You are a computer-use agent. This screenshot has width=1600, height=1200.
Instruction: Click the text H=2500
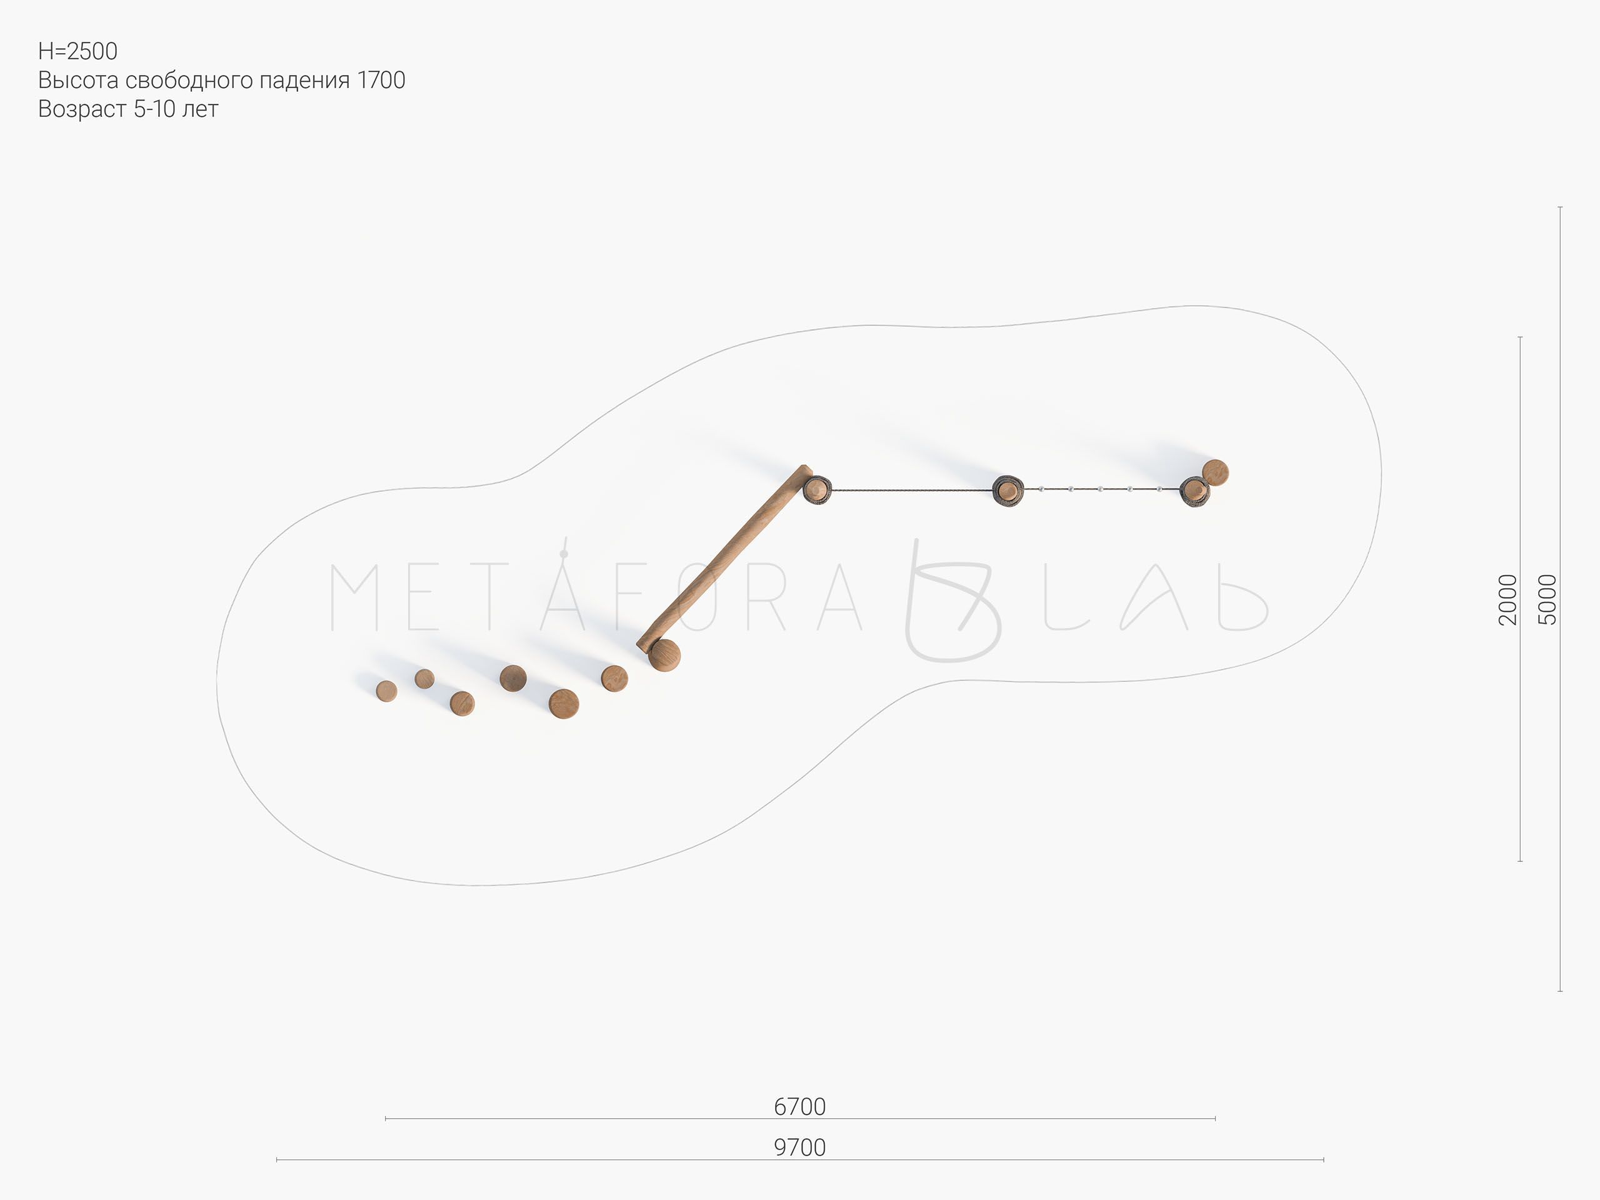pyautogui.click(x=77, y=51)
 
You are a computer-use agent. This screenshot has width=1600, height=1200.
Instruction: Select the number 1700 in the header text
pyautogui.click(x=381, y=80)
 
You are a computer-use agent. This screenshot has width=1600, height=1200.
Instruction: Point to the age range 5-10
pyautogui.click(x=155, y=109)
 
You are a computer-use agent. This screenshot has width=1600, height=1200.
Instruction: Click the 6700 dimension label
pyautogui.click(x=799, y=1107)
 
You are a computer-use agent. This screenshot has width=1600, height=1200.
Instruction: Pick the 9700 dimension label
pyautogui.click(x=799, y=1147)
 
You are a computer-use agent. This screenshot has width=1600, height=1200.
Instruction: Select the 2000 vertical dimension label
pyautogui.click(x=1507, y=599)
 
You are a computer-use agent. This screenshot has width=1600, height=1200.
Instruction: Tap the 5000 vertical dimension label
pyautogui.click(x=1546, y=599)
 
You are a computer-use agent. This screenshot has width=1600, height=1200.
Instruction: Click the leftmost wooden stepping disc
pyautogui.click(x=386, y=691)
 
